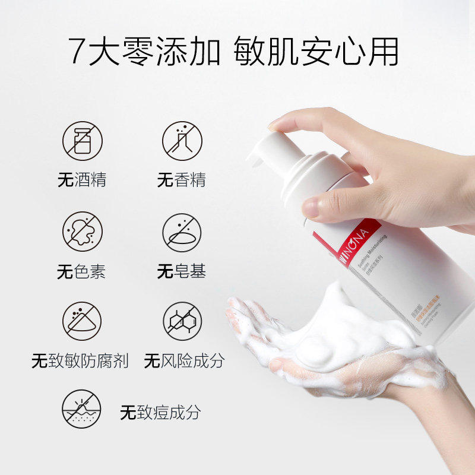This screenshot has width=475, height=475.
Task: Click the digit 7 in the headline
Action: point(80,52)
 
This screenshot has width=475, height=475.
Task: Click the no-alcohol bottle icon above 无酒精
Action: point(83,141)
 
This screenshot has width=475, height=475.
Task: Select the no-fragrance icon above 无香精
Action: point(182,141)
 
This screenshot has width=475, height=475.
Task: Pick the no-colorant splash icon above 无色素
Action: point(83,232)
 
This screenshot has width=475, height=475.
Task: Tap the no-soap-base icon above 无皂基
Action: point(182,232)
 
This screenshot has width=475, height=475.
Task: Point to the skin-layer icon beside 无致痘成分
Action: point(83,410)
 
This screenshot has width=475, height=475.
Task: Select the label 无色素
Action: point(83,272)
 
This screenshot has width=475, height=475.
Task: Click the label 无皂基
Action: point(182,272)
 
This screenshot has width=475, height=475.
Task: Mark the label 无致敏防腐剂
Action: point(80,361)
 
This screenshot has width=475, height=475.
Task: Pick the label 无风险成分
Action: point(184,361)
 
